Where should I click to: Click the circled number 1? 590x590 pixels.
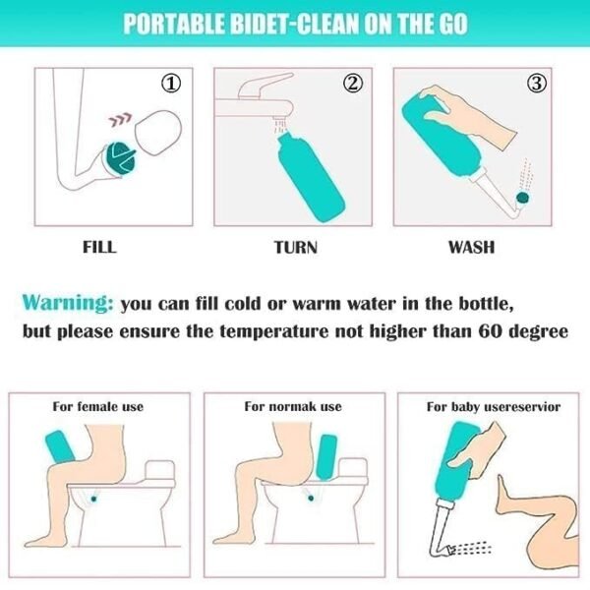coord(171,84)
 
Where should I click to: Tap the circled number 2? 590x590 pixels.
coord(353,84)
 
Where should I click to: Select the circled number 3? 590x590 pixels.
coord(537,84)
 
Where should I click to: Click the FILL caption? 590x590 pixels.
coord(99,247)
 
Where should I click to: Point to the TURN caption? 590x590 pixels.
coord(296,247)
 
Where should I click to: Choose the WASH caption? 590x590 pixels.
coord(471,247)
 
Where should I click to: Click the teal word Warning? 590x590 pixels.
coord(68,303)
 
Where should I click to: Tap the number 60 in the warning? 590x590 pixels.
coord(491,331)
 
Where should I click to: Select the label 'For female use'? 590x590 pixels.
coord(97,406)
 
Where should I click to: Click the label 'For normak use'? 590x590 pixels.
coord(293,406)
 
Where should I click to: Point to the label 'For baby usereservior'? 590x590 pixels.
coord(494,407)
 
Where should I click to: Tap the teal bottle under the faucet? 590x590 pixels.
coord(311,177)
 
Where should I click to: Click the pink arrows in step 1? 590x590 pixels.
coord(120,119)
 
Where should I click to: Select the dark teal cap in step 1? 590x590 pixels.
coord(120,159)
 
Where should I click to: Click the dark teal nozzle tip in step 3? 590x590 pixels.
coord(523,198)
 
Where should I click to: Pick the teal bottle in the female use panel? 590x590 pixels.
coord(59,448)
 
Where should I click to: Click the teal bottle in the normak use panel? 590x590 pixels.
coord(326,457)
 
